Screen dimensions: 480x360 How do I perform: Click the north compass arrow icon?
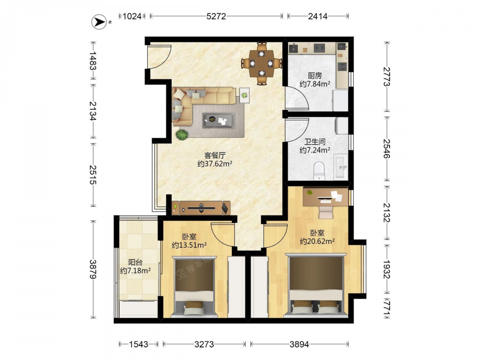click(99, 22)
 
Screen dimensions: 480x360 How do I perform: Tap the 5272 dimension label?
click(216, 16)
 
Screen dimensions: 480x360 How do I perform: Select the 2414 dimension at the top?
click(318, 16)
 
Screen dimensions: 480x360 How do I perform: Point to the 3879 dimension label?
click(93, 269)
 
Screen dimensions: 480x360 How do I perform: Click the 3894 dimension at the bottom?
click(300, 344)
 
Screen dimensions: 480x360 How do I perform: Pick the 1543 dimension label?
click(139, 344)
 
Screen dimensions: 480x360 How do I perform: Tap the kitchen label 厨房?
click(315, 76)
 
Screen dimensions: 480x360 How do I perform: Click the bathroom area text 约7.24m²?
click(315, 150)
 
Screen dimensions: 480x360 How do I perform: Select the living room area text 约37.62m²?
click(215, 164)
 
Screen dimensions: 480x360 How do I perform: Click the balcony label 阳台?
click(135, 263)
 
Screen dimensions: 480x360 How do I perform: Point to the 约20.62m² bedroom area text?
click(317, 241)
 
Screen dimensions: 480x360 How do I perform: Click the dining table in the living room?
click(262, 63)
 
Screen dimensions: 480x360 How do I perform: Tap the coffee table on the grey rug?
click(218, 120)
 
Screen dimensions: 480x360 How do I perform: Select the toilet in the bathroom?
click(319, 171)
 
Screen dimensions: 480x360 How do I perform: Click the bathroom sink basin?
click(341, 166)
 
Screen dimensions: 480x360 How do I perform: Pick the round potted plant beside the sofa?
click(182, 135)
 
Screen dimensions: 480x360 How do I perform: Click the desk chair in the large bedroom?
click(326, 212)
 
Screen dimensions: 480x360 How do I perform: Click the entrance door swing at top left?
click(159, 57)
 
